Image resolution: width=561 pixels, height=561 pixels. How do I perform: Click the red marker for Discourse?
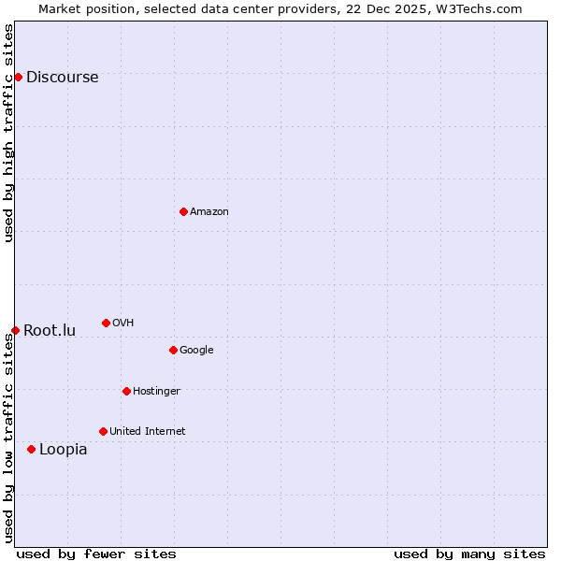pyautogui.click(x=18, y=77)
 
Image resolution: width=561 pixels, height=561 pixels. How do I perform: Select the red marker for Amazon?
pyautogui.click(x=183, y=211)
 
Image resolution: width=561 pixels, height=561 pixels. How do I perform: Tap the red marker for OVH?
pyautogui.click(x=106, y=323)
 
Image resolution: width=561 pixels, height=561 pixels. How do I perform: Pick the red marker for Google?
pyautogui.click(x=173, y=350)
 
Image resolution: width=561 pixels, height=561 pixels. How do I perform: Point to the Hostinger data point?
pyautogui.click(x=126, y=391)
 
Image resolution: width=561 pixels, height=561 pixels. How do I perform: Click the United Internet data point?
pyautogui.click(x=103, y=431)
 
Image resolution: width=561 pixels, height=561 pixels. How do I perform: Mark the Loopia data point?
pyautogui.click(x=31, y=449)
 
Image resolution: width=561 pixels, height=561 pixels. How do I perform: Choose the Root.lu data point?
pyautogui.click(x=15, y=330)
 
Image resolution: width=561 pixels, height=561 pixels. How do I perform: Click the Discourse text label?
pyautogui.click(x=62, y=78)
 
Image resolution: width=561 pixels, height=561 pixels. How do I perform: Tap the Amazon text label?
pyautogui.click(x=209, y=212)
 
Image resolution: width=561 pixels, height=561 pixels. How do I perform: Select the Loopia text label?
pyautogui.click(x=63, y=450)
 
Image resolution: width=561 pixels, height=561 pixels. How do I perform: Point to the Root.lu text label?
pyautogui.click(x=50, y=331)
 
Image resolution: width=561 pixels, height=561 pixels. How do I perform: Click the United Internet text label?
pyautogui.click(x=148, y=432)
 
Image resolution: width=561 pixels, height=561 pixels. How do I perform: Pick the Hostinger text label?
pyautogui.click(x=156, y=392)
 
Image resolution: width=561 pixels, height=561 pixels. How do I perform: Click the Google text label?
pyautogui.click(x=196, y=351)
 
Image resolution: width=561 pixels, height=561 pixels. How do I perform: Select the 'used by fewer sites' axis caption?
pyautogui.click(x=96, y=554)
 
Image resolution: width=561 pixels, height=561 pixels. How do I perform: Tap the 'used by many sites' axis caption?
pyautogui.click(x=469, y=554)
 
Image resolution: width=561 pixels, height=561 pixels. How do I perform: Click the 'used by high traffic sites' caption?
pyautogui.click(x=8, y=133)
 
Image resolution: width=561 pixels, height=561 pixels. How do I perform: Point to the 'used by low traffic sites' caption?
pyautogui.click(x=8, y=438)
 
